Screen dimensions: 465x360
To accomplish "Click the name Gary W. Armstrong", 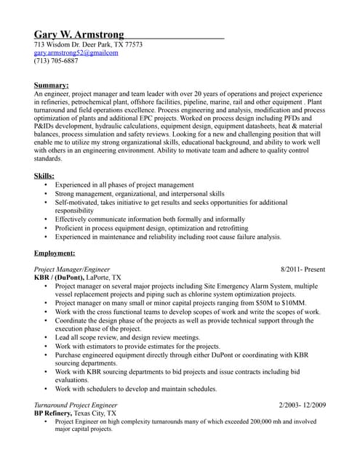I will point(79,34).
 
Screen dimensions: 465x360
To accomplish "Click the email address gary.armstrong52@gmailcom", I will point(76,53).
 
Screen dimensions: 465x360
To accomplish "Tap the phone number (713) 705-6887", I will point(56,62).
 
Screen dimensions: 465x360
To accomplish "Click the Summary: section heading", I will point(52,86).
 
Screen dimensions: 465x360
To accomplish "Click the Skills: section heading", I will point(44,176).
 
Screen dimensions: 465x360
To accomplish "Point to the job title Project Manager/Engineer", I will point(72,270).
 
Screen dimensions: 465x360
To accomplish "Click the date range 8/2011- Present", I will point(302,270).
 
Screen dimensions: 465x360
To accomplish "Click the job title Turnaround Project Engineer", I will point(76,404).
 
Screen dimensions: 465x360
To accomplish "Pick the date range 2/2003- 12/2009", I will point(302,404).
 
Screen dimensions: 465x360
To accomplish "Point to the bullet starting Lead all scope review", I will point(127,337).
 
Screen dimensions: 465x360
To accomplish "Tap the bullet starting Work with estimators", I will point(137,346).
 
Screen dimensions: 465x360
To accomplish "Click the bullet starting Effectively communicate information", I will point(150,219).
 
